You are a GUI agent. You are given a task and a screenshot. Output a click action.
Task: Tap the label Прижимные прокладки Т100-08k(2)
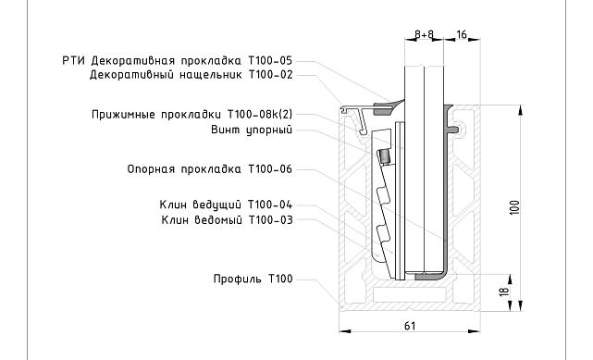point(192,115)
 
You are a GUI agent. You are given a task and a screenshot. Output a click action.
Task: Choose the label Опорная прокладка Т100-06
point(209,170)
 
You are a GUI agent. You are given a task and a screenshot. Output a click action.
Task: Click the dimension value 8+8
point(425,34)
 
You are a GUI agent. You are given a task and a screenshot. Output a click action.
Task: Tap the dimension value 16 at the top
point(462,34)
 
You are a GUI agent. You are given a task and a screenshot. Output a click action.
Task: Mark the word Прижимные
point(124,115)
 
